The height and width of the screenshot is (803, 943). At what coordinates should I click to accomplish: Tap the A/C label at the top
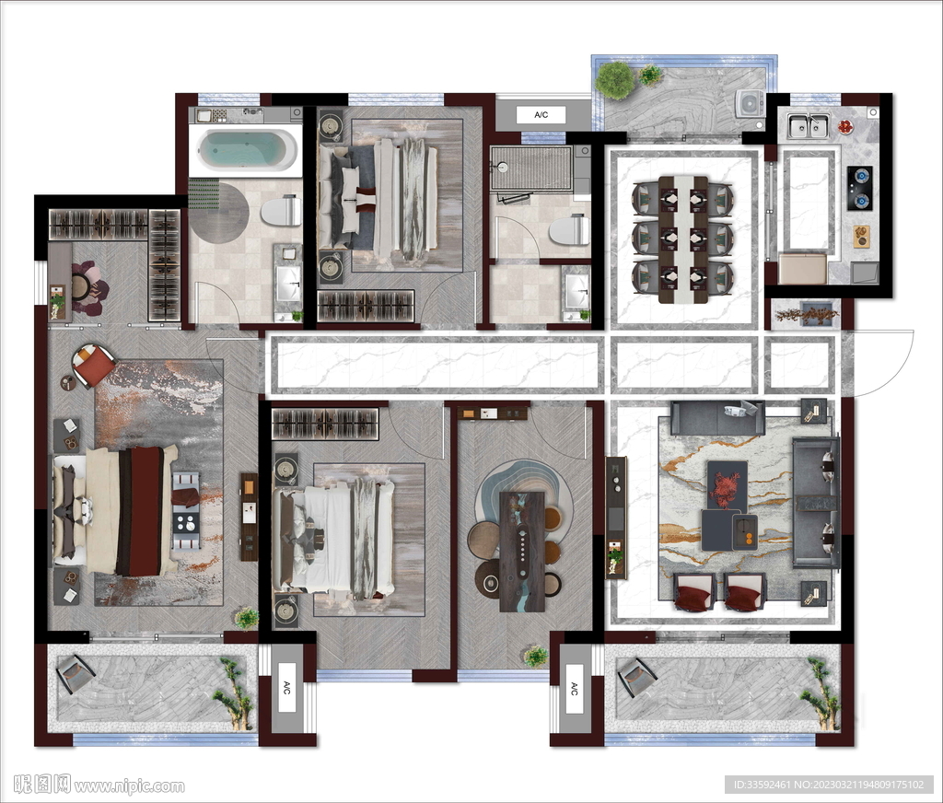point(541,115)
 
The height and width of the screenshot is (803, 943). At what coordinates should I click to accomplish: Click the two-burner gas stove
point(860,188)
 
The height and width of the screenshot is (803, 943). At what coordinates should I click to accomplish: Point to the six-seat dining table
point(683,239)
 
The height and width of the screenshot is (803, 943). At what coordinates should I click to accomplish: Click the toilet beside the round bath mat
point(281,210)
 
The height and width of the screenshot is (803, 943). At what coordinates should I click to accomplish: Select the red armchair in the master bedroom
point(93,364)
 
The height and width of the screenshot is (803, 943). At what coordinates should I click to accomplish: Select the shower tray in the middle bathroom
point(530,169)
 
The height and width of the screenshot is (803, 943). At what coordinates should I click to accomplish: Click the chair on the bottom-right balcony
point(637,677)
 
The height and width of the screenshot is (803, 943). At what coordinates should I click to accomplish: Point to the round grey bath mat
point(219,213)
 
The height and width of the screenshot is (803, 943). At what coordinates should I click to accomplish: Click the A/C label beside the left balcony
point(286,687)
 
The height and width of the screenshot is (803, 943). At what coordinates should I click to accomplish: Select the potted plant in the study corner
point(535,657)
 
